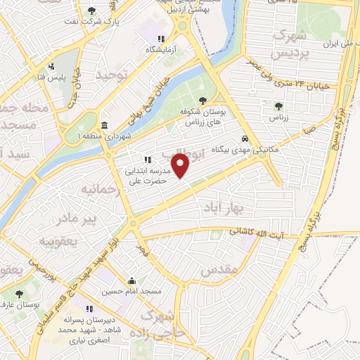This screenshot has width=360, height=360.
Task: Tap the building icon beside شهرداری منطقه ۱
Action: pyautogui.click(x=105, y=125)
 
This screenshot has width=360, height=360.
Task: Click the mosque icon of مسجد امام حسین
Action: pyautogui.click(x=131, y=281)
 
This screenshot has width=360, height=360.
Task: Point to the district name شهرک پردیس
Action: pyautogui.click(x=271, y=44)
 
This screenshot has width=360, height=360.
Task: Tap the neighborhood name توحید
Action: pyautogui.click(x=114, y=75)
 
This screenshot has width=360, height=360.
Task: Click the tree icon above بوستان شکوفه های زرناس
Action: pyautogui.click(x=202, y=101)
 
